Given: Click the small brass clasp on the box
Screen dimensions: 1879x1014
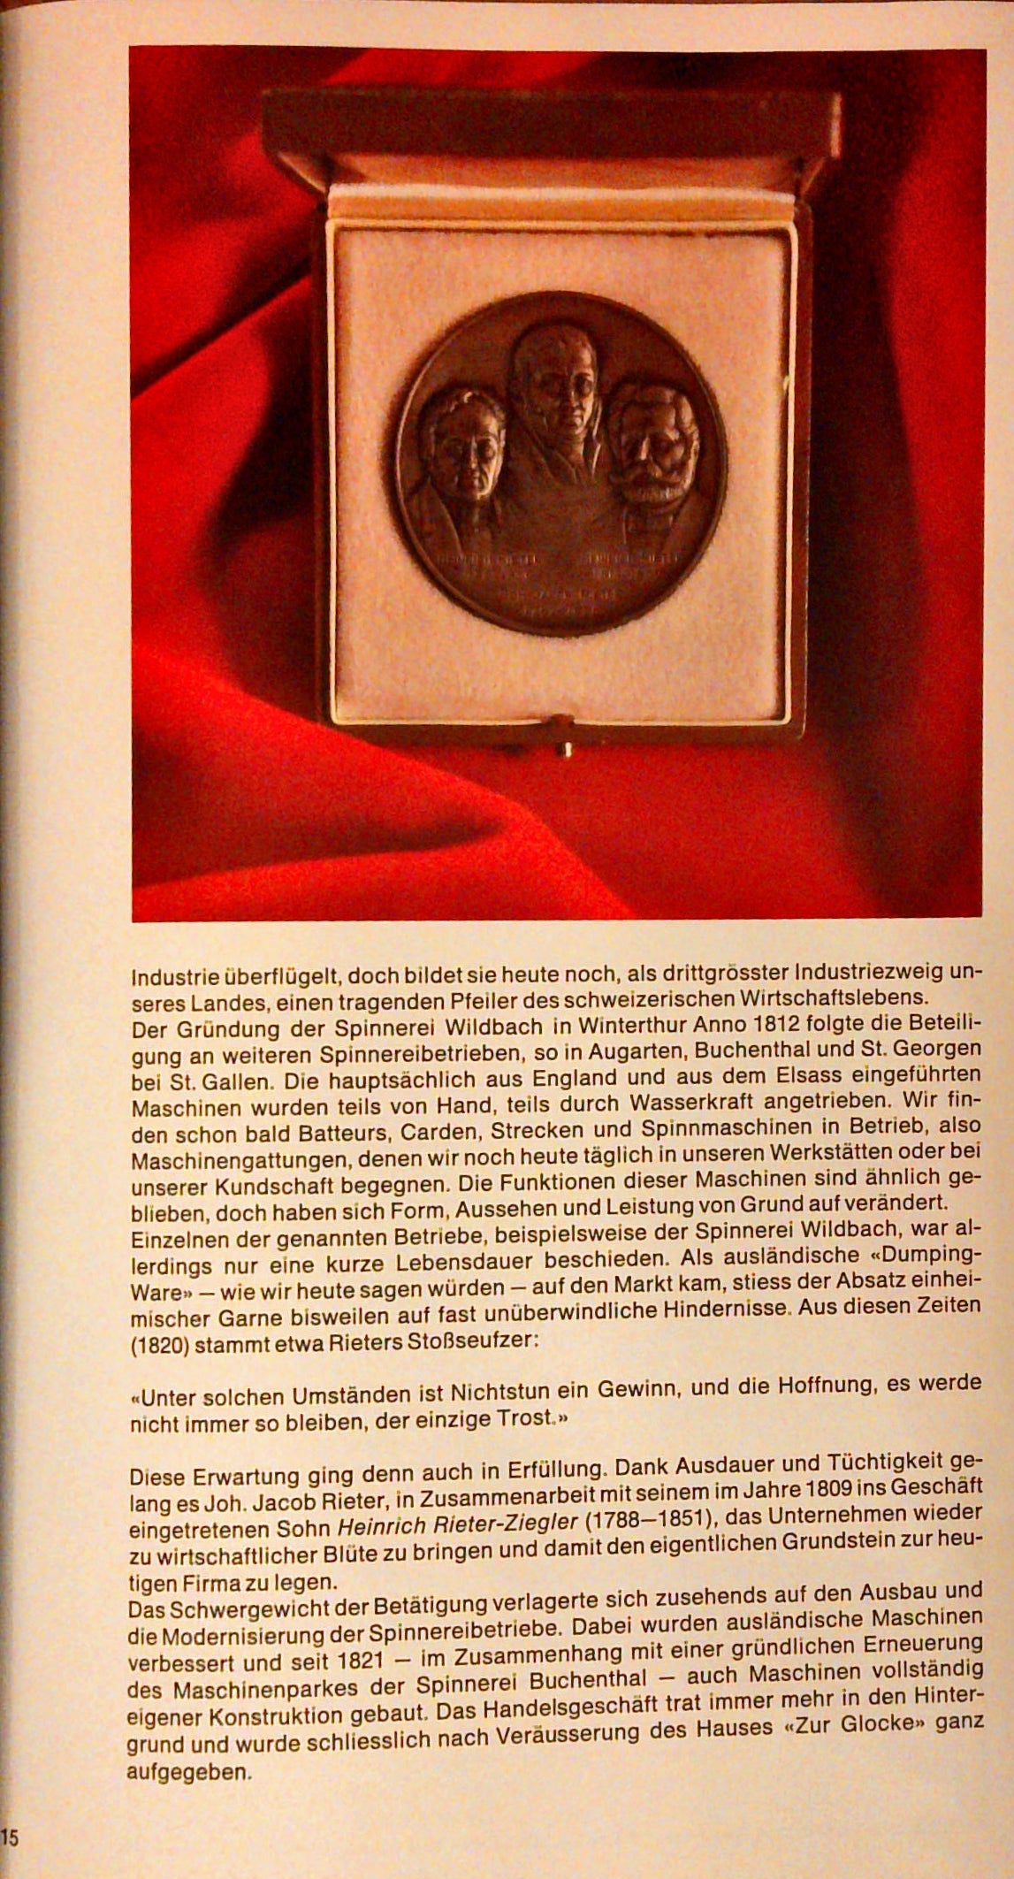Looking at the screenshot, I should (562, 749).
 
